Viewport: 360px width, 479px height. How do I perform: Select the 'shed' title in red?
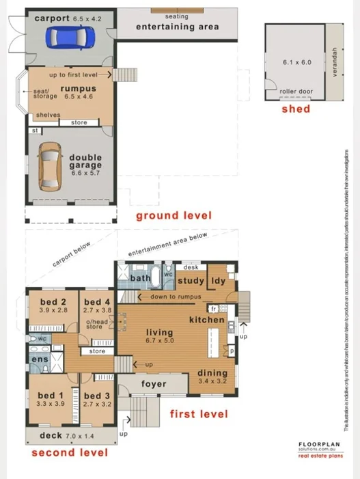click(x=295, y=109)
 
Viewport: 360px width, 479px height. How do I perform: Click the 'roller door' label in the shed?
click(x=296, y=91)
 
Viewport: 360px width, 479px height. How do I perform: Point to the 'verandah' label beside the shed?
click(x=334, y=62)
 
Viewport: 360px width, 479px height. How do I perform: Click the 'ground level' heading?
click(x=174, y=216)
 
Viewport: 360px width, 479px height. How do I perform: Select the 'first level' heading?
click(x=198, y=414)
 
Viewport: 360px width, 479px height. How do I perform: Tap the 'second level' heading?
click(x=69, y=452)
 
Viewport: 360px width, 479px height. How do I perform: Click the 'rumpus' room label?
click(x=78, y=89)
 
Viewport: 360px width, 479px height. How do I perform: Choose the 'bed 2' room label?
click(x=53, y=302)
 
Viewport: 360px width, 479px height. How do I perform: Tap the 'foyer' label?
click(x=154, y=384)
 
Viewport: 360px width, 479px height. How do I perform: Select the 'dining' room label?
click(x=212, y=373)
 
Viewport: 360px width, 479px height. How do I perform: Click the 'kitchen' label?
click(x=207, y=320)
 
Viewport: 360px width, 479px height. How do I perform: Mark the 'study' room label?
click(x=191, y=281)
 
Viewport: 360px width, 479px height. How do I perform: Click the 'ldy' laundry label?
click(x=219, y=281)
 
